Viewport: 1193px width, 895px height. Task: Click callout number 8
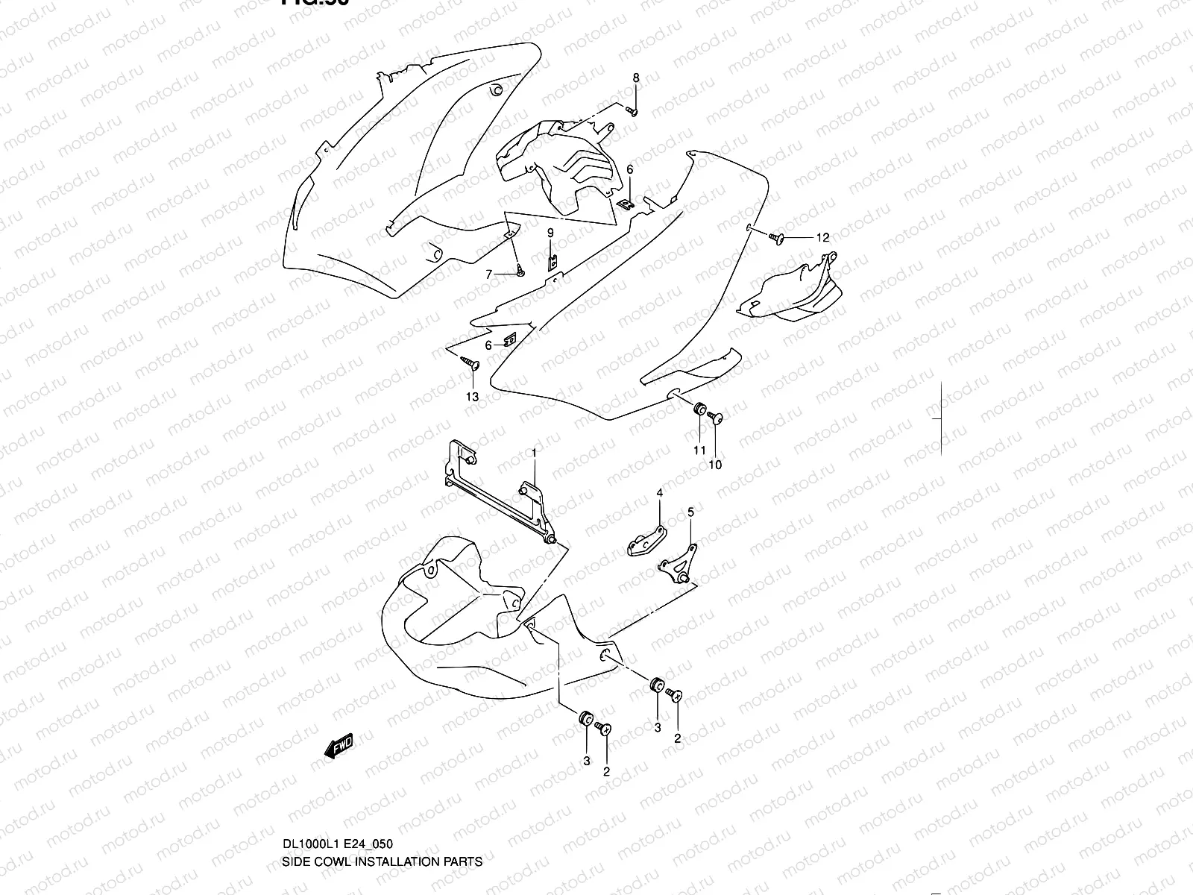636,78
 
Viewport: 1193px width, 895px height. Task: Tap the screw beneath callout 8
632,111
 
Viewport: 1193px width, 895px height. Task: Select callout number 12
822,238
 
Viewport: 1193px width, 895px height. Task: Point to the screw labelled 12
775,238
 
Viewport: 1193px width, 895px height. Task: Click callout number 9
550,233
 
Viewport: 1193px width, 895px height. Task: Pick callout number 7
489,274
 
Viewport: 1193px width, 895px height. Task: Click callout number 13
472,397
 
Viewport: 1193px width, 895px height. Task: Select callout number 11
699,450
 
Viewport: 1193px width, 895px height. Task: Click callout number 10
716,465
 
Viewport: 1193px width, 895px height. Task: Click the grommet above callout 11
699,409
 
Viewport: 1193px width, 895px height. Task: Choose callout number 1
534,453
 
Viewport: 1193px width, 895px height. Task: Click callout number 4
659,493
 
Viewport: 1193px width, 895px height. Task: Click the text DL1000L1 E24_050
337,844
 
